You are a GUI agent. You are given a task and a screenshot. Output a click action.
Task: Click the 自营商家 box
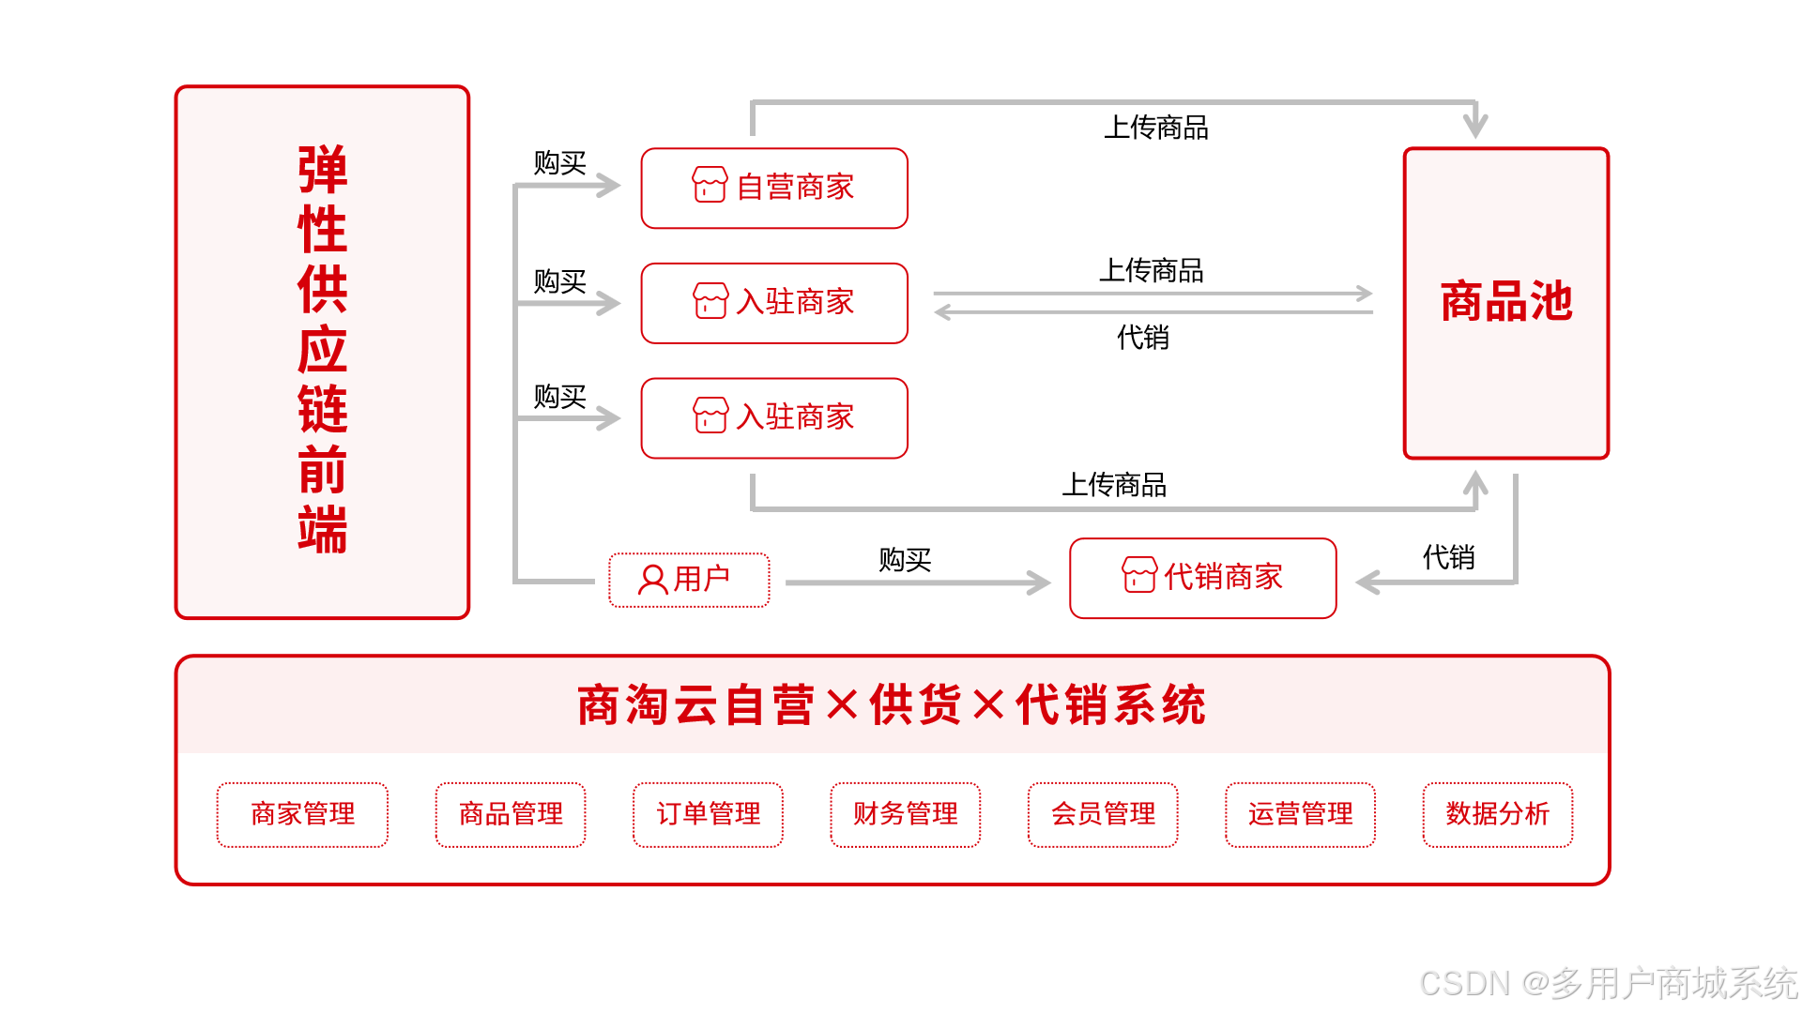click(774, 188)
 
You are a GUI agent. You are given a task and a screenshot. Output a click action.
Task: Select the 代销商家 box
click(1202, 578)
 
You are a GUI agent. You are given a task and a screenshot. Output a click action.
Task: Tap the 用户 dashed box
click(689, 580)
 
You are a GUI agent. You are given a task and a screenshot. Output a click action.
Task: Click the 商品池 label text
click(1505, 302)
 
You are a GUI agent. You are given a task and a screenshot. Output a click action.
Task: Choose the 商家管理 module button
click(302, 814)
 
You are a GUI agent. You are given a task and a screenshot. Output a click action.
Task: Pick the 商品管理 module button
click(511, 814)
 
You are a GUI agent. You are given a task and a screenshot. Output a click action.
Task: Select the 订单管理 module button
click(708, 814)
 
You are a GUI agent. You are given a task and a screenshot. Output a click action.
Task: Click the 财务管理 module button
click(905, 814)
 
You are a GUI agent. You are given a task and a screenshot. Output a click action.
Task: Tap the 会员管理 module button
click(1103, 814)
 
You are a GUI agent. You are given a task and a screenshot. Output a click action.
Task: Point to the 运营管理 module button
click(1300, 814)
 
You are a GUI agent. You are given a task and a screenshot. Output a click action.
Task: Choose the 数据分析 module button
click(1497, 814)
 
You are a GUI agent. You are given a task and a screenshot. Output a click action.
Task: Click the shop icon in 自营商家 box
click(710, 185)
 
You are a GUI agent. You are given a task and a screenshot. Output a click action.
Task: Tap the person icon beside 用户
click(652, 580)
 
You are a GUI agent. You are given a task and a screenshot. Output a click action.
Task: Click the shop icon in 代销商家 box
click(1139, 574)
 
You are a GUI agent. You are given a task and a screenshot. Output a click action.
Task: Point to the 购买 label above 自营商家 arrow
click(559, 163)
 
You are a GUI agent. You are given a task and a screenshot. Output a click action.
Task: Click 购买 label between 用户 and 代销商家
click(905, 560)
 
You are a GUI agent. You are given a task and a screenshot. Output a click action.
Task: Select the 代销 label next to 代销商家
click(1448, 558)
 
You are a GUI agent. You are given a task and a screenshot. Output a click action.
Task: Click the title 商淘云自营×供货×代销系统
click(892, 705)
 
